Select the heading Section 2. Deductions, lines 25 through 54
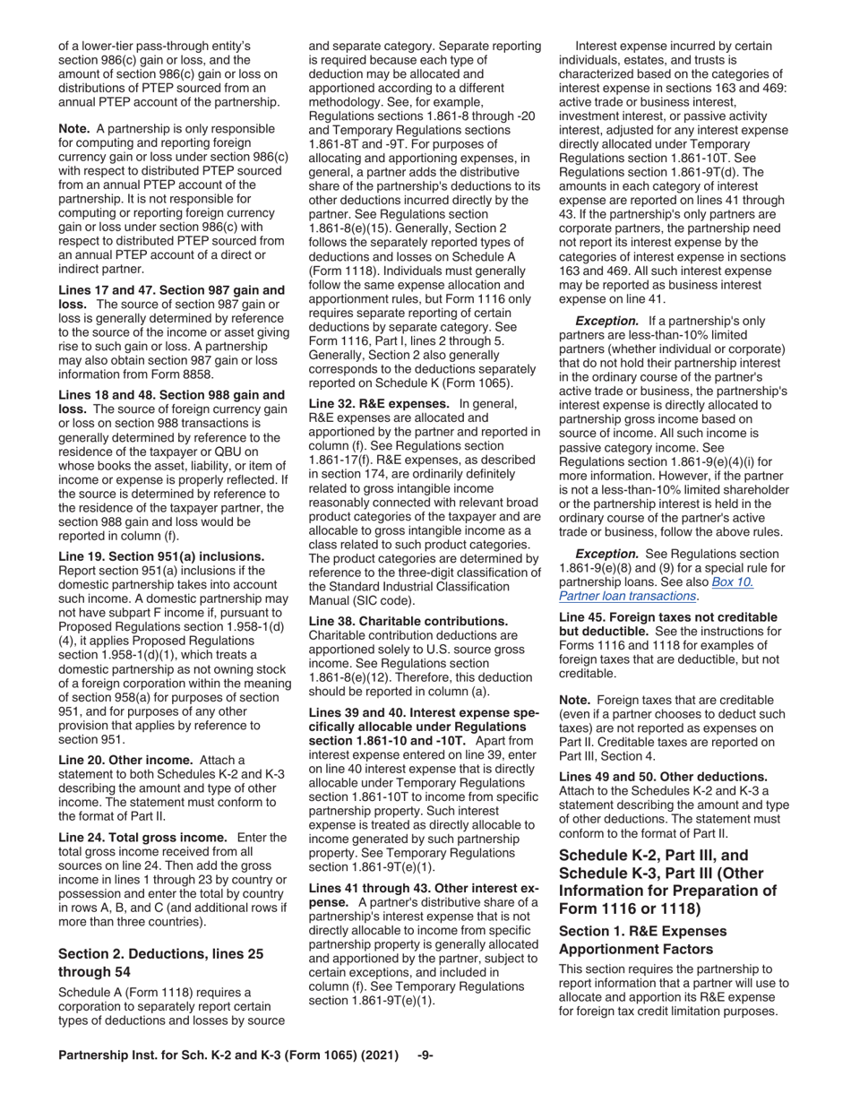(160, 962)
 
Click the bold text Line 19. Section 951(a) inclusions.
(161, 556)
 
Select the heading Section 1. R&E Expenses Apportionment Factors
(642, 940)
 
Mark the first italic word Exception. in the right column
(606, 321)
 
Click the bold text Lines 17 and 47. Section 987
(171, 290)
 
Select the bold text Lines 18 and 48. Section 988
(171, 395)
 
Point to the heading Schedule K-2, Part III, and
(653, 856)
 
